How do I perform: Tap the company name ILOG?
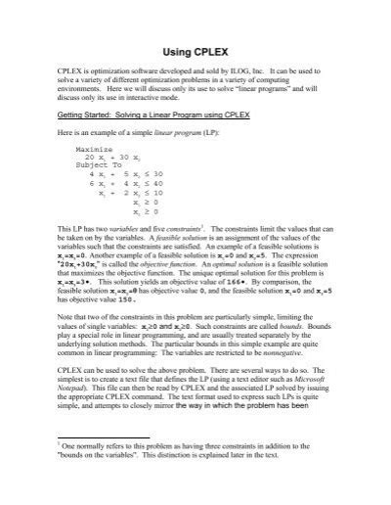click(245, 72)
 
